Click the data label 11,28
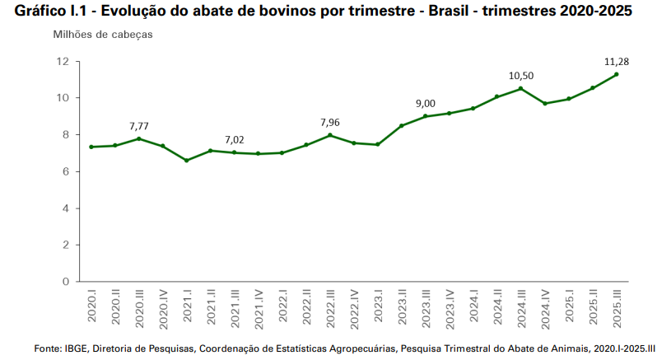[617, 61]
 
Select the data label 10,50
[521, 75]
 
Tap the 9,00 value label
[425, 103]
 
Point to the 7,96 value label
[329, 122]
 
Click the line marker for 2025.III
[617, 74]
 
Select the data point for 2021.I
[187, 161]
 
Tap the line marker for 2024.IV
[545, 104]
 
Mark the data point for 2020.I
[91, 147]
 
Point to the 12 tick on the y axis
[63, 62]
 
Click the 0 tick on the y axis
[65, 282]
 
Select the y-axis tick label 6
[65, 171]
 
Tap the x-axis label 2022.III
[330, 307]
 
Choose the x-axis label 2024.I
[473, 305]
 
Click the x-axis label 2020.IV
[163, 307]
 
